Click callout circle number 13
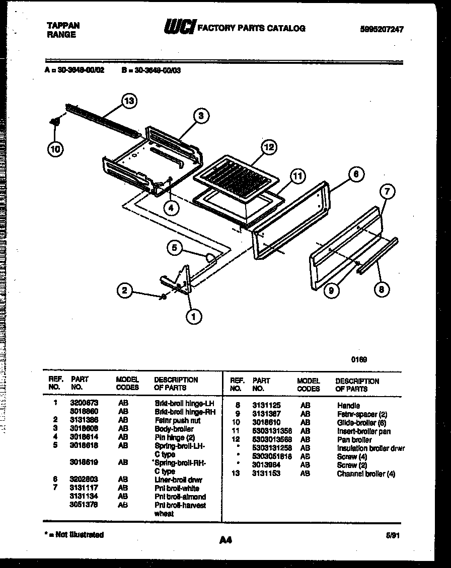click(x=129, y=101)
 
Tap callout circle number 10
click(x=55, y=148)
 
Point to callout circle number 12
click(x=269, y=147)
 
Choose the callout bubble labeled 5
click(x=174, y=247)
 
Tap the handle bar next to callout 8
click(x=377, y=256)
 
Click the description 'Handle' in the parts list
click(x=348, y=405)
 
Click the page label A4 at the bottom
click(x=225, y=540)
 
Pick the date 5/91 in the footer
click(x=394, y=536)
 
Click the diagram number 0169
click(x=359, y=359)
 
